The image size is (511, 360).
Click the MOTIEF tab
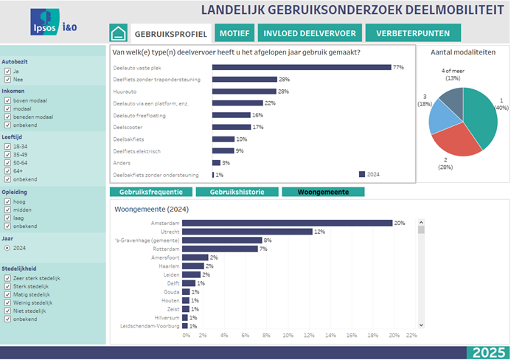point(234,33)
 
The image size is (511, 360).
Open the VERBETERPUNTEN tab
point(413,33)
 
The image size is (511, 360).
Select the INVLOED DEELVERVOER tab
point(311,33)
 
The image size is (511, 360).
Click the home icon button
point(118,33)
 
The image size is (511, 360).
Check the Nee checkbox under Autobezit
point(7,79)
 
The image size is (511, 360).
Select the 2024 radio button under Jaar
point(7,248)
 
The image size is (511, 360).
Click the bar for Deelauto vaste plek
point(301,67)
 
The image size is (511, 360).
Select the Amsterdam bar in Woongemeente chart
point(287,223)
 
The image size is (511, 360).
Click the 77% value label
point(398,67)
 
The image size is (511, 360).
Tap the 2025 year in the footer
point(488,352)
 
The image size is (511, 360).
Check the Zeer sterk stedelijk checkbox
point(7,278)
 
